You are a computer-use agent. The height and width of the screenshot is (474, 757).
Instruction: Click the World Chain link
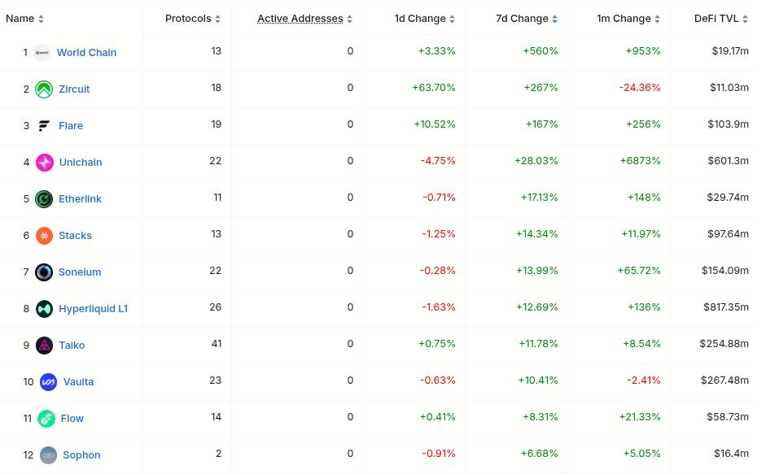pyautogui.click(x=86, y=52)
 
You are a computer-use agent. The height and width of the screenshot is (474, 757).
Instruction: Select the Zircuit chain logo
pyautogui.click(x=44, y=89)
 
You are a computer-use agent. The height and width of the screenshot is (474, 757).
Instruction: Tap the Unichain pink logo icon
pyautogui.click(x=45, y=163)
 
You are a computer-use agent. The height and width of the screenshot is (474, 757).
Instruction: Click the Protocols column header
pyautogui.click(x=188, y=18)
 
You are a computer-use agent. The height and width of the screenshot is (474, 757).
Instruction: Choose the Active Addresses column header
pyautogui.click(x=300, y=18)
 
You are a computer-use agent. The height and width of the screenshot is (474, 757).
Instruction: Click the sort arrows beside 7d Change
pyautogui.click(x=555, y=19)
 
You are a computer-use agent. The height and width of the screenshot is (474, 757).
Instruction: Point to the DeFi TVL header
pyautogui.click(x=716, y=18)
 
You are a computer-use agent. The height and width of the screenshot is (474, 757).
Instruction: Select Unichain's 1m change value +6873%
pyautogui.click(x=640, y=160)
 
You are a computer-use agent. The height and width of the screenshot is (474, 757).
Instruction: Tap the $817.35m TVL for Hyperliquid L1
pyautogui.click(x=726, y=307)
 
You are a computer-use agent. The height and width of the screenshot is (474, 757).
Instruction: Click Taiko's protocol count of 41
pyautogui.click(x=217, y=343)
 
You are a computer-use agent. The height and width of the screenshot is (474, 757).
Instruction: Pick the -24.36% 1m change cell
pyautogui.click(x=640, y=87)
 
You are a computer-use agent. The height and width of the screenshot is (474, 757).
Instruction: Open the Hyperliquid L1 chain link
pyautogui.click(x=93, y=308)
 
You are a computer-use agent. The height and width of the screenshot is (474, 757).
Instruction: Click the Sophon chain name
pyautogui.click(x=81, y=454)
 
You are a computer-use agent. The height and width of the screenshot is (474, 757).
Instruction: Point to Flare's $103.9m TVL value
pyautogui.click(x=729, y=124)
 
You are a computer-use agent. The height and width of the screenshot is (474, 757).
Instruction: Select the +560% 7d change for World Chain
pyautogui.click(x=540, y=50)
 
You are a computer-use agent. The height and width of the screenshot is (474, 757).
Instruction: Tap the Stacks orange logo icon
pyautogui.click(x=45, y=236)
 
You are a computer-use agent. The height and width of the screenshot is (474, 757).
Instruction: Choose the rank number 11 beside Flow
pyautogui.click(x=28, y=418)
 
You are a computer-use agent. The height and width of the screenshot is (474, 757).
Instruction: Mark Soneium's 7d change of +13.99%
pyautogui.click(x=537, y=270)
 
